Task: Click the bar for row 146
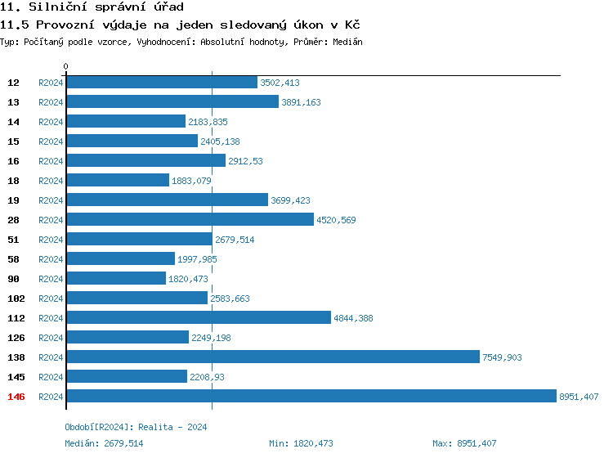pyautogui.click(x=311, y=397)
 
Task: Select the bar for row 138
pyautogui.click(x=272, y=357)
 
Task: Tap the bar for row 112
pyautogui.click(x=198, y=318)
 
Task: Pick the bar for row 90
pyautogui.click(x=115, y=279)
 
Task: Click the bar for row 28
pyautogui.click(x=190, y=220)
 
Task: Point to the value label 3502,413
pyautogui.click(x=280, y=83)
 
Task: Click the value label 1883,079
pyautogui.click(x=191, y=181)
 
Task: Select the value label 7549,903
pyautogui.click(x=502, y=357)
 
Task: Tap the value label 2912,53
pyautogui.click(x=245, y=161)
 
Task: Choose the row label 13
pyautogui.click(x=13, y=102)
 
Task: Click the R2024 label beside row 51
pyautogui.click(x=51, y=240)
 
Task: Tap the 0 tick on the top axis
pyautogui.click(x=66, y=66)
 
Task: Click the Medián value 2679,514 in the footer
pyautogui.click(x=123, y=443)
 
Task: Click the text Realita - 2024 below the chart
pyautogui.click(x=172, y=427)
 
